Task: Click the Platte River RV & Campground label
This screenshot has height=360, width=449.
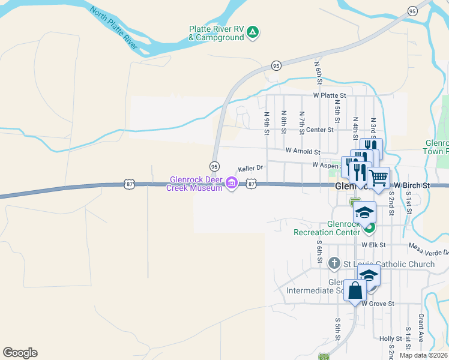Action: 216,33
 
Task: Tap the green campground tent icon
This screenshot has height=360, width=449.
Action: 253,32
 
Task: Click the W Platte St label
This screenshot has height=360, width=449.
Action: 330,95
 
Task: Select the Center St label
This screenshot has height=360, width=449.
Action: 319,130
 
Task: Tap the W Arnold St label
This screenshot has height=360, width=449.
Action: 303,152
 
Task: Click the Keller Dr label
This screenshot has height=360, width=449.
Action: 251,170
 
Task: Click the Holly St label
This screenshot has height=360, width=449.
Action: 391,339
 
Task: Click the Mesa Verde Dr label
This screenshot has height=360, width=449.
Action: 429,248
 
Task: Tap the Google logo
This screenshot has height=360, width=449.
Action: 20,353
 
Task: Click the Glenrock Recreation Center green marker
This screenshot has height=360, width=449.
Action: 370,227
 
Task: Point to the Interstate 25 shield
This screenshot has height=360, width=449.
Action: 324,356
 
